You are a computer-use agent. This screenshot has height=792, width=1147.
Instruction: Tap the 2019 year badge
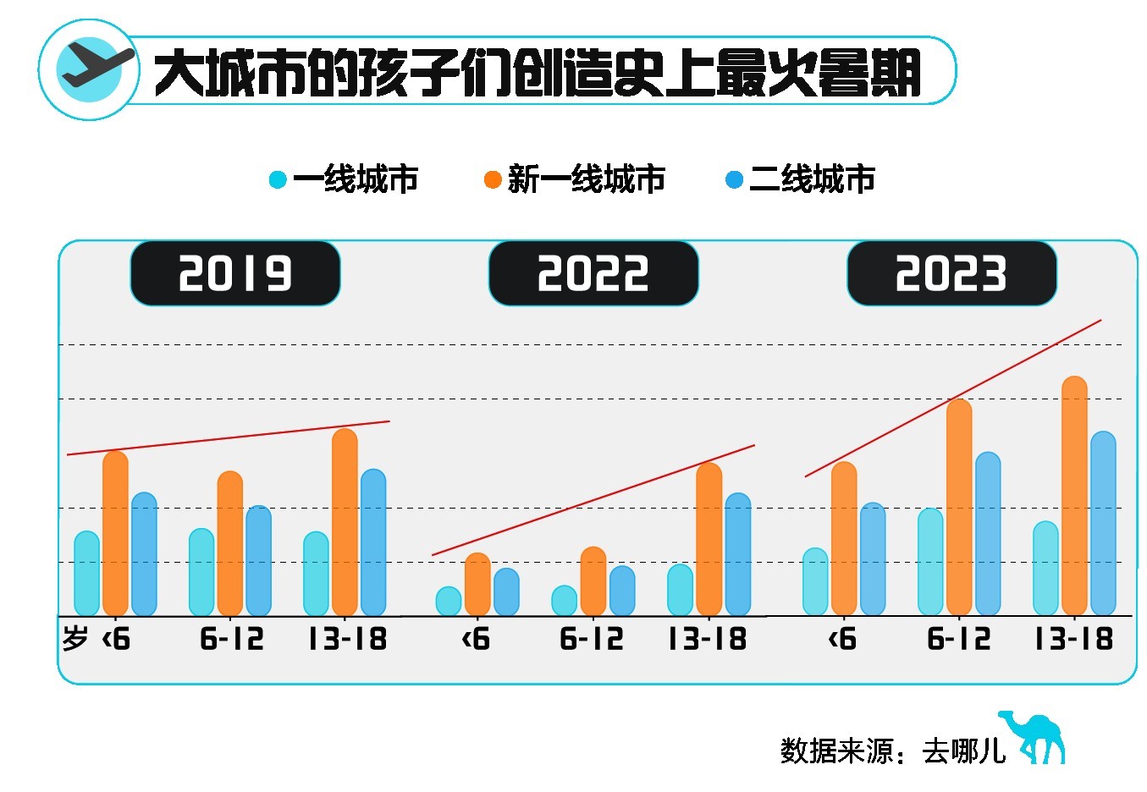[235, 273]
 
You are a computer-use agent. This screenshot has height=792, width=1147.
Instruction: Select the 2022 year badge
[593, 273]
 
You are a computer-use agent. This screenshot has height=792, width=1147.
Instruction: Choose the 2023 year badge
[951, 273]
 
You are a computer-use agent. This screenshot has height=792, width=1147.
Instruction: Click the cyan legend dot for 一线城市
[278, 179]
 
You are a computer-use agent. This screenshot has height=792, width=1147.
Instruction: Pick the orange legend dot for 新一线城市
[493, 179]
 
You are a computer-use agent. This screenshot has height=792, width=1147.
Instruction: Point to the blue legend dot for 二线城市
[735, 179]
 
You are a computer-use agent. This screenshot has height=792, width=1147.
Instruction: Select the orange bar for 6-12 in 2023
[959, 508]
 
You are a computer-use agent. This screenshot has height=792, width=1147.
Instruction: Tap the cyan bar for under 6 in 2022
[449, 602]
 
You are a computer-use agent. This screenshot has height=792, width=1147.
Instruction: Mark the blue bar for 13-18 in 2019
[373, 542]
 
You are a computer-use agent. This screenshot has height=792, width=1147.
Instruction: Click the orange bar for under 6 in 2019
[115, 533]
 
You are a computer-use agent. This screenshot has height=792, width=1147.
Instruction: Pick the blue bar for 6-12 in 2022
[622, 591]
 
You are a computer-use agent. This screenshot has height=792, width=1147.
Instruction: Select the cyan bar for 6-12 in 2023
[930, 562]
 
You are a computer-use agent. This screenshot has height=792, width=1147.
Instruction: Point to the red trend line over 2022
[593, 500]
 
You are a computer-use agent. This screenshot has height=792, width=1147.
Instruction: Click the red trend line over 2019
[229, 437]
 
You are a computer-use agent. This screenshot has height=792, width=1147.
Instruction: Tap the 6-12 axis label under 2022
[592, 639]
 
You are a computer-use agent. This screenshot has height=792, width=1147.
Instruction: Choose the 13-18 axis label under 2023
[1073, 639]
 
